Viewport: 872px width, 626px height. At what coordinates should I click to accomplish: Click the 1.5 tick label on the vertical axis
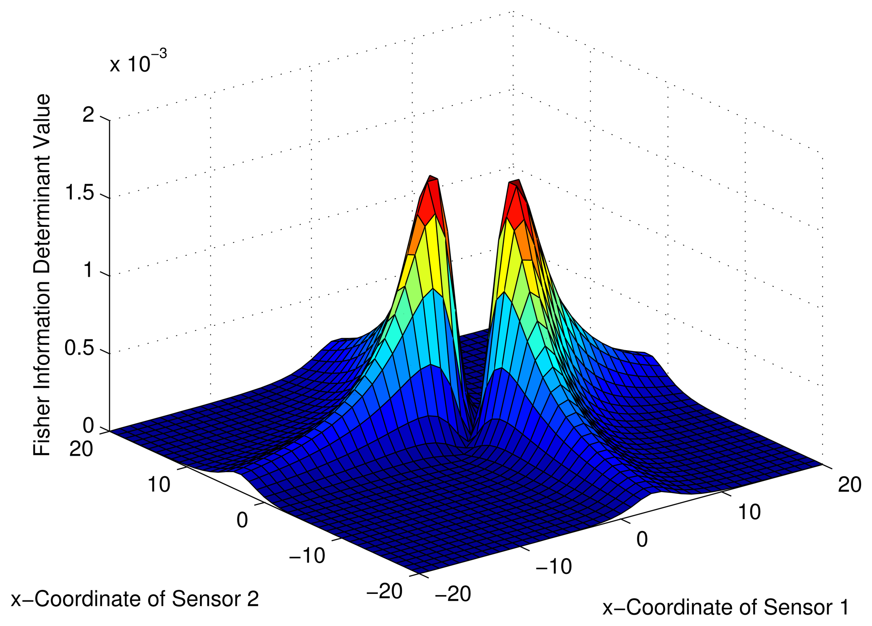(x=79, y=193)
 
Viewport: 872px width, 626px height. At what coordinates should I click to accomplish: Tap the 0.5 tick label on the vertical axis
(x=79, y=349)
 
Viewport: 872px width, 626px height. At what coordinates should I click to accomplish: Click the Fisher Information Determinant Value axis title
(x=42, y=275)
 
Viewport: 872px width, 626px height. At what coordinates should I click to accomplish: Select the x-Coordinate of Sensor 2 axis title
(x=135, y=599)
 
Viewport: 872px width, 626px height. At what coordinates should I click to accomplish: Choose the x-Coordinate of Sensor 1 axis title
(x=726, y=607)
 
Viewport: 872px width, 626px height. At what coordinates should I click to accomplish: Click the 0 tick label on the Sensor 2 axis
(x=242, y=520)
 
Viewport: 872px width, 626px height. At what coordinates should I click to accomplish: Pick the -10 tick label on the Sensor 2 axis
(x=307, y=556)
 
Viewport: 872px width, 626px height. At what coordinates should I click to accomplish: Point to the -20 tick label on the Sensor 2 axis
(x=384, y=591)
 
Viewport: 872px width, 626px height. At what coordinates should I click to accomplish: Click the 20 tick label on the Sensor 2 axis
(x=81, y=449)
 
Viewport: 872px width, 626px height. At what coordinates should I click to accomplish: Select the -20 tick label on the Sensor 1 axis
(x=453, y=594)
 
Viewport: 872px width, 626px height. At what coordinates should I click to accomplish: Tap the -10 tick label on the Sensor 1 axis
(x=553, y=566)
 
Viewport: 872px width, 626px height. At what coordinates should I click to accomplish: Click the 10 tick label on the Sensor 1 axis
(x=749, y=513)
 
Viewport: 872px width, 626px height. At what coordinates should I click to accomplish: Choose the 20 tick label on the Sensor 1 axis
(x=849, y=485)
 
